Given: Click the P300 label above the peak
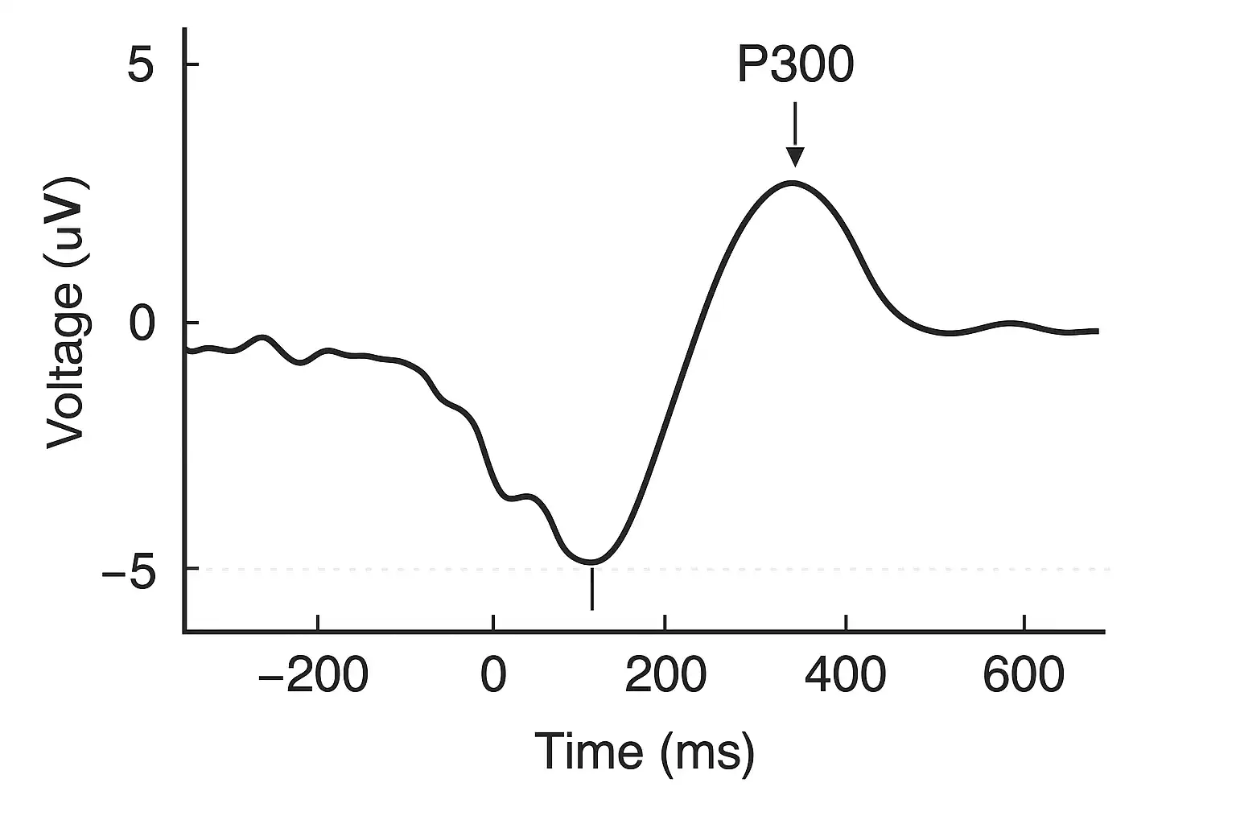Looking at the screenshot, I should coord(794,66).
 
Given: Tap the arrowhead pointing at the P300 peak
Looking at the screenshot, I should coord(795,157).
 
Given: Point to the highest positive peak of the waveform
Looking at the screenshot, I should coord(793,183).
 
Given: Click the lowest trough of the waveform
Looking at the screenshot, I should coord(591,561).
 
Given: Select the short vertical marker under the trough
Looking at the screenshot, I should coord(591,588).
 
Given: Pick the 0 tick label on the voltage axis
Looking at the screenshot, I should coord(141,323).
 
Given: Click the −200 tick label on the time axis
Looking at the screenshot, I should coord(312,676).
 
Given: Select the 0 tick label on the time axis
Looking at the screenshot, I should coord(493,676).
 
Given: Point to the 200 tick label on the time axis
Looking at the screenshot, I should coord(665,676).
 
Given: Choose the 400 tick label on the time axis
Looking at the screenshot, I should coord(845,676).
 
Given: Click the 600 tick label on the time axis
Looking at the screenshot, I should coord(1024,676).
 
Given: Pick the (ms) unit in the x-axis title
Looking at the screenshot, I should coord(707,753).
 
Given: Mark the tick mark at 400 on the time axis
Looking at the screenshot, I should coord(846,624).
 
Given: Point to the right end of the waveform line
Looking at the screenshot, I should coord(1097,331).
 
